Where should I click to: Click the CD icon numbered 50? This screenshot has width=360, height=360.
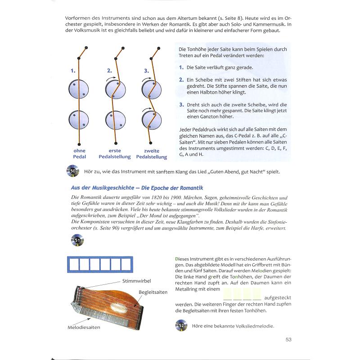pos(72,171)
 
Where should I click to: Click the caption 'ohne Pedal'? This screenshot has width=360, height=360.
pos(79,153)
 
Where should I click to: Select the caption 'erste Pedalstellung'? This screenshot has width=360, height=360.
pos(115,153)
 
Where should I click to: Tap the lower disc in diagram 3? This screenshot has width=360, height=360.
pos(152,120)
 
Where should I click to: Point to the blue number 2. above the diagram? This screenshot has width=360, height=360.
pos(109,71)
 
